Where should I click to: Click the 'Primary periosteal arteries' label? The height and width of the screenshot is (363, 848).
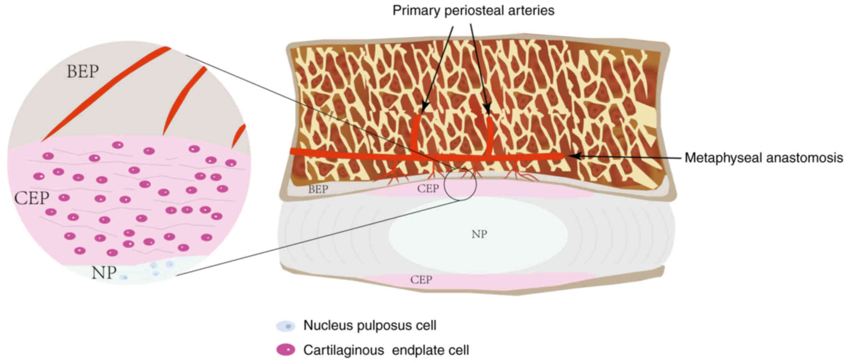click(473, 10)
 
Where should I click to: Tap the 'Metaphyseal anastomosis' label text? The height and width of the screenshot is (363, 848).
click(763, 158)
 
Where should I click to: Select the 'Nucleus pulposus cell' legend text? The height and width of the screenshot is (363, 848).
click(370, 325)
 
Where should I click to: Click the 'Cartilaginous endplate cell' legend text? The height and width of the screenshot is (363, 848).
click(386, 350)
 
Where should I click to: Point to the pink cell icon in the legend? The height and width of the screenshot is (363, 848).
click(285, 350)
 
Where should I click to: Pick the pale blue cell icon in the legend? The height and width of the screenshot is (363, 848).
click(285, 326)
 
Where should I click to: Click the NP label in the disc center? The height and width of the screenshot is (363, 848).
click(479, 234)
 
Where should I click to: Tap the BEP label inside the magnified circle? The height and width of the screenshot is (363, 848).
click(83, 72)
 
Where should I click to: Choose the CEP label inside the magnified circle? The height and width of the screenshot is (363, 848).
click(32, 198)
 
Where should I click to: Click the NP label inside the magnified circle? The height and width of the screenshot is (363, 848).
click(103, 273)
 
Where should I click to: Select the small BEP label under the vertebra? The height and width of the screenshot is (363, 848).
click(318, 189)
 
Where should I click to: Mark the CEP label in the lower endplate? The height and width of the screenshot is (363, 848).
click(421, 280)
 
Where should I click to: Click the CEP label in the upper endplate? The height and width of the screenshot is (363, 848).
click(428, 189)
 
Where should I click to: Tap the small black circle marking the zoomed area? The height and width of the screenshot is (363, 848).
click(460, 183)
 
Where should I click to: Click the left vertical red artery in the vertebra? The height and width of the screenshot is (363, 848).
click(416, 134)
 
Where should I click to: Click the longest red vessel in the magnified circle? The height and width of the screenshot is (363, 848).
click(104, 94)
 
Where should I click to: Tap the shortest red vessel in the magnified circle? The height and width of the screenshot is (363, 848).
click(239, 135)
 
